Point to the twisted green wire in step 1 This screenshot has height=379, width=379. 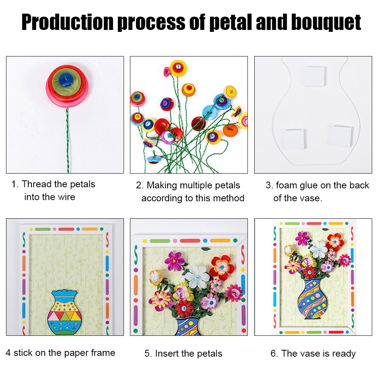(67, 140)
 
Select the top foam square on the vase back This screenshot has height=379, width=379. (315, 76)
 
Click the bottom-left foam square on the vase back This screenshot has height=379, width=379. (294, 139)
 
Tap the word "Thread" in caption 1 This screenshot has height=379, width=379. (37, 185)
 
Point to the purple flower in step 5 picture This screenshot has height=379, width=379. (174, 261)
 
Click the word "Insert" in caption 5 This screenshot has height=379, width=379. (169, 354)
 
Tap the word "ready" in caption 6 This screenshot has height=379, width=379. (343, 354)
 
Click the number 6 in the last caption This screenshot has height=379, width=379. (274, 354)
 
